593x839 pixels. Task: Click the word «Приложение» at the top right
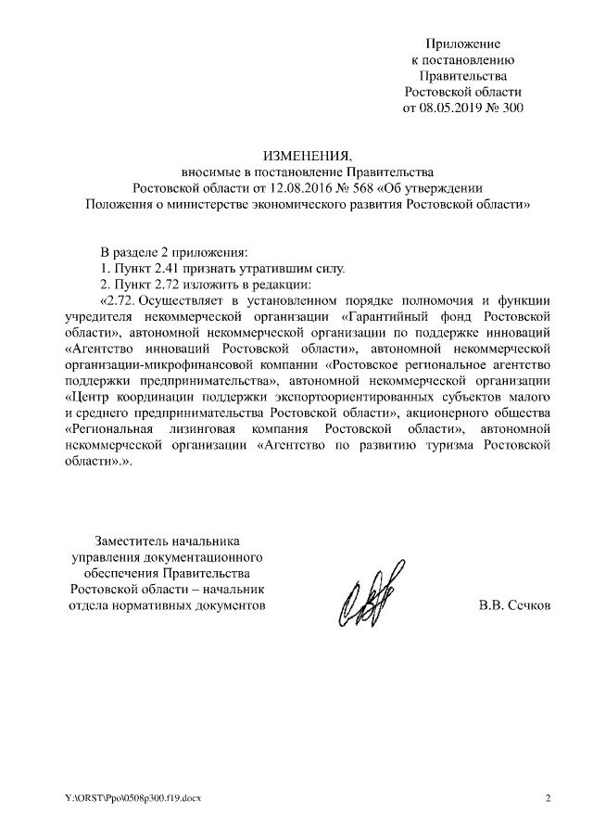(x=463, y=44)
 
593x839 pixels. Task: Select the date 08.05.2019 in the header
(x=453, y=108)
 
